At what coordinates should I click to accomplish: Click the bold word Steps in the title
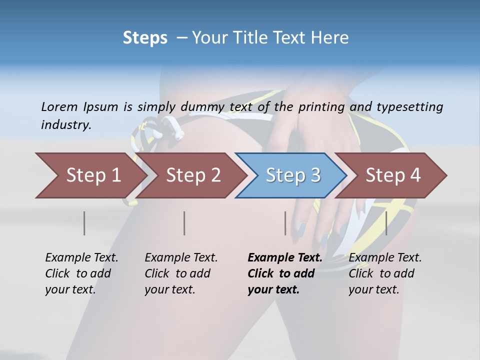(145, 38)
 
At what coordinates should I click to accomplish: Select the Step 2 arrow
(193, 175)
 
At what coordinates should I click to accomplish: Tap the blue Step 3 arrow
(293, 175)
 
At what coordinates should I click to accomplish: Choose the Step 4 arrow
(393, 175)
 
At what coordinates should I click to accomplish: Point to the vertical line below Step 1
(84, 223)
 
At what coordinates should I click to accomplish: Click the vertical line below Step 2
(184, 223)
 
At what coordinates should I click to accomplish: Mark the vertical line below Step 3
(285, 223)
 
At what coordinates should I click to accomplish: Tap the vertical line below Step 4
(386, 223)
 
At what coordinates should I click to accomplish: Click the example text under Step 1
(81, 273)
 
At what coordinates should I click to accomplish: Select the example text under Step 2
(181, 273)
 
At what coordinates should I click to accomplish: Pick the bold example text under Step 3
(284, 273)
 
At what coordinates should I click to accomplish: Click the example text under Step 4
(385, 273)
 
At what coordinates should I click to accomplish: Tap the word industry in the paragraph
(65, 125)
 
